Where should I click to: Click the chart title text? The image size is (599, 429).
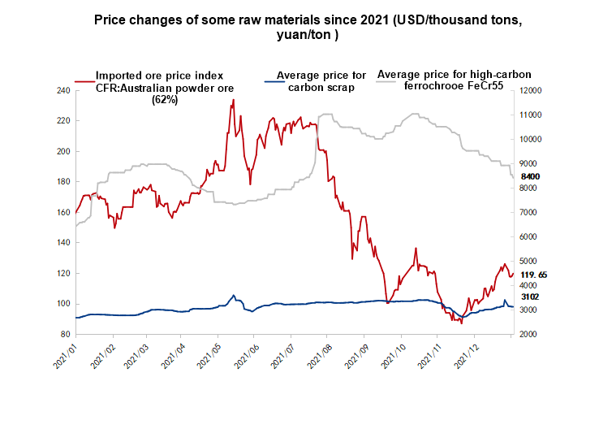(x=303, y=26)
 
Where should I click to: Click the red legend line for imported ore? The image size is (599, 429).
(x=84, y=81)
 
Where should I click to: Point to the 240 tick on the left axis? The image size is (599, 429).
(x=62, y=90)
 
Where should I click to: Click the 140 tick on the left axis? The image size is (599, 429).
(x=62, y=243)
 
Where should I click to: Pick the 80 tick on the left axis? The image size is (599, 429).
(x=64, y=334)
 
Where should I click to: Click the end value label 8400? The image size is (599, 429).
(x=531, y=176)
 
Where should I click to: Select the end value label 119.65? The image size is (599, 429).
(x=533, y=275)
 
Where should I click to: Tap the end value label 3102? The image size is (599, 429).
(x=531, y=297)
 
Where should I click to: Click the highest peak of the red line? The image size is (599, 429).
(x=234, y=100)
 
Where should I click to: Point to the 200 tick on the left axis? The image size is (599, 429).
(x=62, y=151)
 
